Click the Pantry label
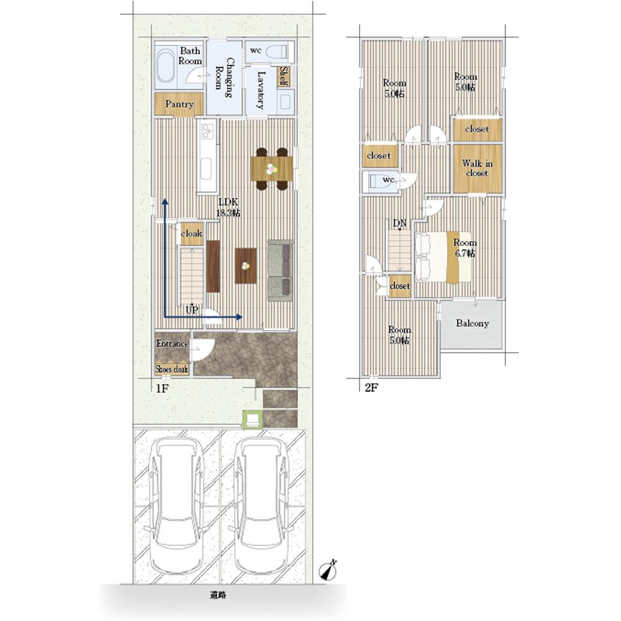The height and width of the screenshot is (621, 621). point(179,104)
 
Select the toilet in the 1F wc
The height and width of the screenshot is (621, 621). point(276,52)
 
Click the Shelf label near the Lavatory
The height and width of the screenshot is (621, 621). point(284,76)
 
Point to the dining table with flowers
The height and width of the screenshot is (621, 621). point(272,169)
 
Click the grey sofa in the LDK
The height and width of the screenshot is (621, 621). point(281,271)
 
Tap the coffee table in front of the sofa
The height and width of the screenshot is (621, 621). point(245,266)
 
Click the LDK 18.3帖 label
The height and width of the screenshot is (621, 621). point(228,207)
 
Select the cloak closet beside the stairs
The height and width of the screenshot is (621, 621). point(192,233)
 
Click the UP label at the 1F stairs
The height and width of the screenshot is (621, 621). point(192,310)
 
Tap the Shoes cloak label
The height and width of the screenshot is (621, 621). point(171,369)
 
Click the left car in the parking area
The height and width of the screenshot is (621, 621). point(176,505)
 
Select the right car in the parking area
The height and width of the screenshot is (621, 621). point(261,505)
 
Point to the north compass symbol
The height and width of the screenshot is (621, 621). point(329,570)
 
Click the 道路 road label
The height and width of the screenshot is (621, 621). point(218,595)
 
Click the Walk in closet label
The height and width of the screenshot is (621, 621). point(477,168)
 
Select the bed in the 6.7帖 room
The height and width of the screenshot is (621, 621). point(443,257)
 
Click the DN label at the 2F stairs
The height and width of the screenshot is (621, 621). point(399,224)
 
